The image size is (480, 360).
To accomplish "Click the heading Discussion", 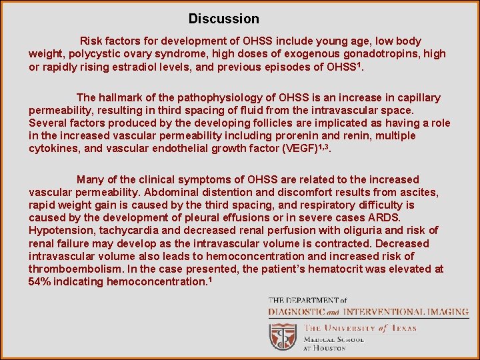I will pos(223,19).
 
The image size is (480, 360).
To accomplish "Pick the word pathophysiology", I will pos(217,98).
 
